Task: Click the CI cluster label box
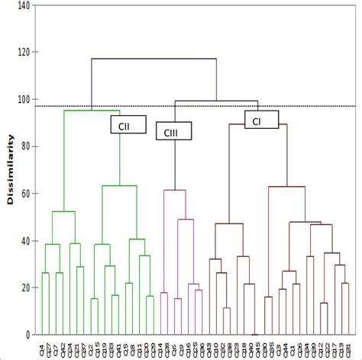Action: point(260,120)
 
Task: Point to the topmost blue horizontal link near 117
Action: point(153,59)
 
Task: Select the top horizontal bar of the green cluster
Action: point(92,111)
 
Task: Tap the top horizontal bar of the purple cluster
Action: point(175,190)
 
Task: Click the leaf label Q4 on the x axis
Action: point(43,347)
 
